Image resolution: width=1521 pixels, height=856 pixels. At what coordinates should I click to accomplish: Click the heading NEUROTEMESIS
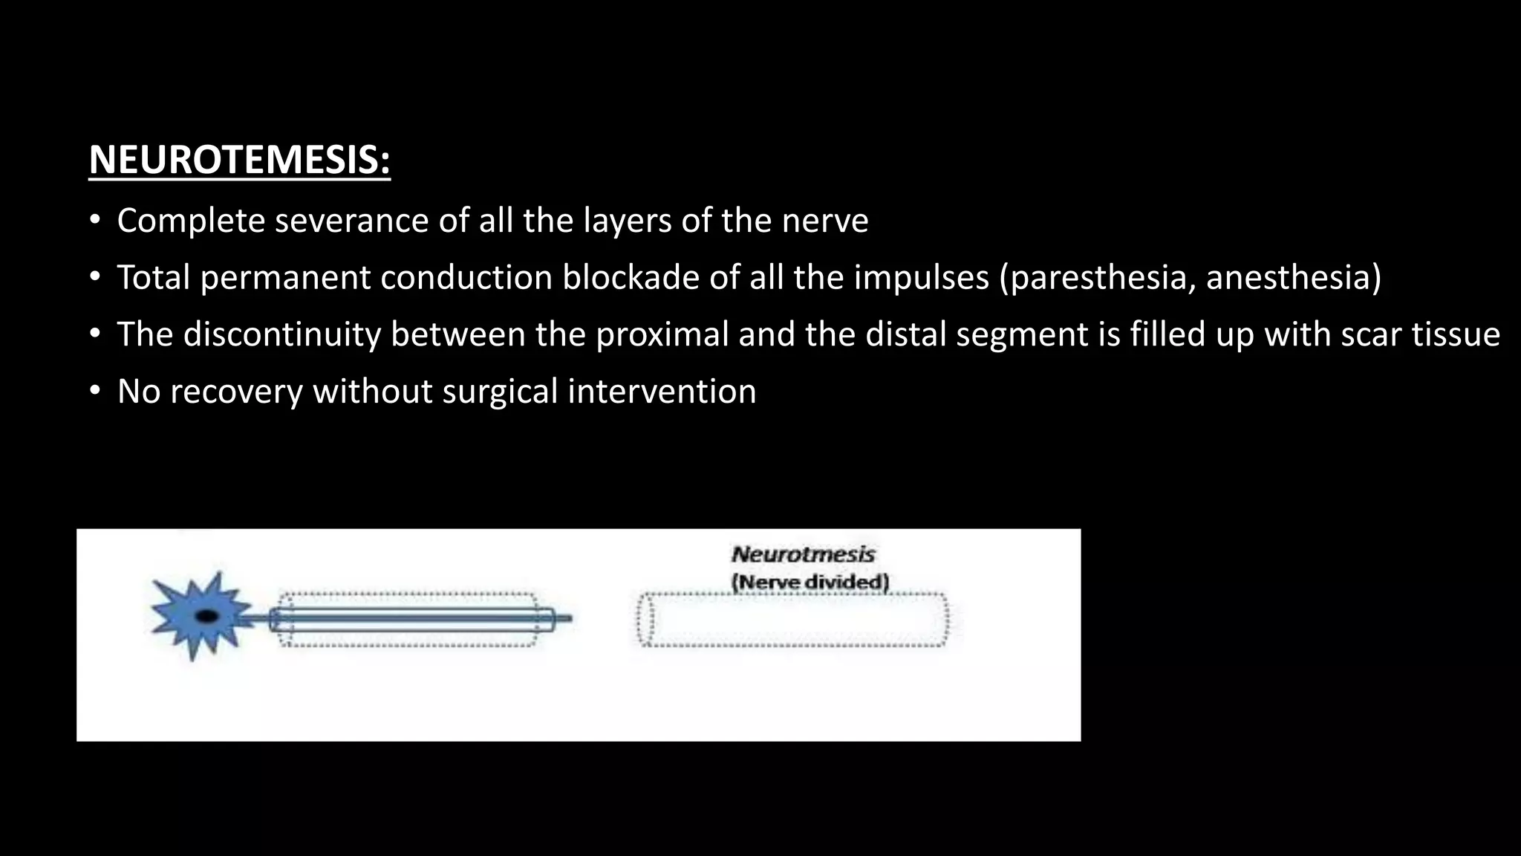[239, 160]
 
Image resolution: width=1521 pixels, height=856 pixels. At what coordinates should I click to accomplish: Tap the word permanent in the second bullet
[285, 277]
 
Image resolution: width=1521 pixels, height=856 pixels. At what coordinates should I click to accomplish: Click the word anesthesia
[1293, 277]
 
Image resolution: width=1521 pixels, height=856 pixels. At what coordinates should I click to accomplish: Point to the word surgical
[500, 392]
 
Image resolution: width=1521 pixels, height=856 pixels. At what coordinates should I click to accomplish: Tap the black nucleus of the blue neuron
[206, 616]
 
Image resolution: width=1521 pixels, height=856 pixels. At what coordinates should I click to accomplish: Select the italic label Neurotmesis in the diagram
[803, 554]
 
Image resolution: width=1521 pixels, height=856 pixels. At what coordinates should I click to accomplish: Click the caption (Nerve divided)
[810, 582]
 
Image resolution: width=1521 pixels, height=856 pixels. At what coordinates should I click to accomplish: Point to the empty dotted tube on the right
[793, 620]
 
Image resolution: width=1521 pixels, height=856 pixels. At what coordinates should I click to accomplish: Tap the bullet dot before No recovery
[94, 392]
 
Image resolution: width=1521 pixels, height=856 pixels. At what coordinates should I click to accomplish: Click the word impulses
[921, 277]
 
